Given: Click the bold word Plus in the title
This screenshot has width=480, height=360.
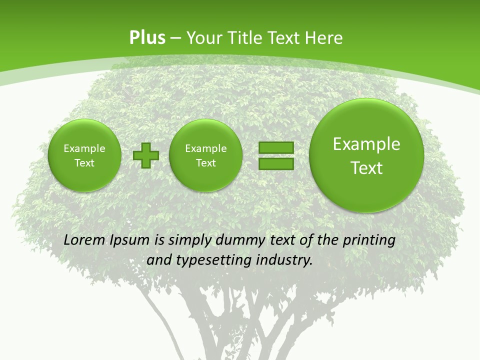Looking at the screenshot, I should [x=147, y=38].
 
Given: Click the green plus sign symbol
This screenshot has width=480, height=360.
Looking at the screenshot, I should [x=146, y=155].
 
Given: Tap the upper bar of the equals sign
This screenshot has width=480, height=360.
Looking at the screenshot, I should [x=276, y=148].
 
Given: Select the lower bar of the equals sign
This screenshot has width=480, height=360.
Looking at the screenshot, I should [x=276, y=163].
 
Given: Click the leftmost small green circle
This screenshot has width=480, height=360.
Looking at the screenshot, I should [x=84, y=155].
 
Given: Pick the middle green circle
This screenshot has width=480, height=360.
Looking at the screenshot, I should [x=205, y=155].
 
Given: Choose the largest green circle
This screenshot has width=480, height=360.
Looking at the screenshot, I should [x=366, y=155].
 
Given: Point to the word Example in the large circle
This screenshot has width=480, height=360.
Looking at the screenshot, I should [x=366, y=144].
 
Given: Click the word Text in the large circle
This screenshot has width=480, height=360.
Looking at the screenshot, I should [x=366, y=168].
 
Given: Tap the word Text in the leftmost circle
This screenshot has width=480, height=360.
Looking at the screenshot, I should [x=84, y=163].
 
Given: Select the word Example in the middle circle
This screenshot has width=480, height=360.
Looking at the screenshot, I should [x=205, y=148].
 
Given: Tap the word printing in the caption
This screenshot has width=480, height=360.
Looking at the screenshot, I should [x=369, y=240].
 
